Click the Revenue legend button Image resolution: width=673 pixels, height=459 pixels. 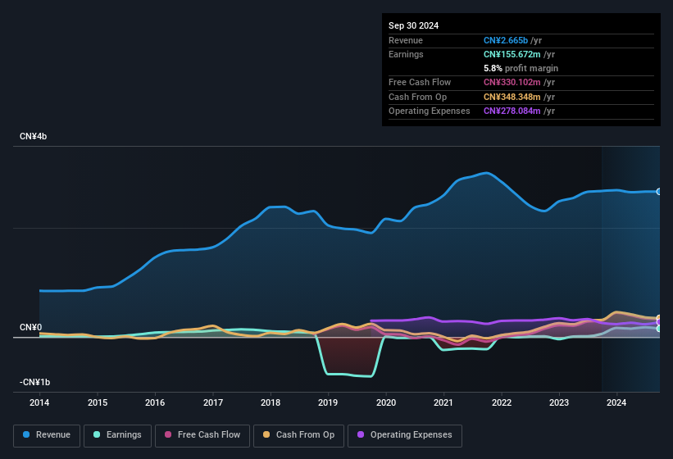[x=47, y=435]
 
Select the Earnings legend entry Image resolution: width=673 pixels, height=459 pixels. [x=113, y=435]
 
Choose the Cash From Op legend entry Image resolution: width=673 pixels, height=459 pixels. [x=298, y=435]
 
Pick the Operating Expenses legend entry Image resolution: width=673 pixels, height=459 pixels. [x=405, y=435]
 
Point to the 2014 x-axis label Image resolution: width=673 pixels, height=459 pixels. [x=39, y=402]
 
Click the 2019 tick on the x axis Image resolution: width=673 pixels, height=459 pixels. [x=328, y=402]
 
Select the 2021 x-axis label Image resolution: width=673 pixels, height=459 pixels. [x=443, y=402]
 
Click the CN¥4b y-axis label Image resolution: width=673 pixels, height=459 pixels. [x=34, y=136]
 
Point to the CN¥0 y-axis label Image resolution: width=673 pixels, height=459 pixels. [x=31, y=328]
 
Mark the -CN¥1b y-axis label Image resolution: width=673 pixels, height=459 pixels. [x=35, y=383]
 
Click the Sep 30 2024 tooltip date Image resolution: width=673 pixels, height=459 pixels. [x=414, y=25]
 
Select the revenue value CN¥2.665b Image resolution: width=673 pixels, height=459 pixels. [x=506, y=40]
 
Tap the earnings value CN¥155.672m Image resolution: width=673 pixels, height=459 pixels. [x=512, y=54]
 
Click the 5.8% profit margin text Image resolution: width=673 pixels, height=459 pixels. [x=521, y=68]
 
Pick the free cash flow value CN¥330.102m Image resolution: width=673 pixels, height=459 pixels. [x=512, y=82]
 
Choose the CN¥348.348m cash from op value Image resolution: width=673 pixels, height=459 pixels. [x=512, y=97]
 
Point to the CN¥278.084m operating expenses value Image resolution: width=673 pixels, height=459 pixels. [x=512, y=111]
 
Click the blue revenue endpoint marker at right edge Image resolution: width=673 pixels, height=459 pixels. [x=658, y=192]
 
